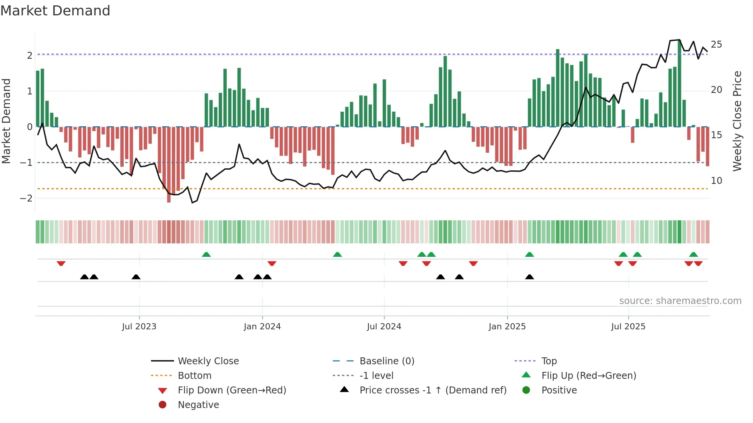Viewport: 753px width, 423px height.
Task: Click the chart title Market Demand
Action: tap(55, 11)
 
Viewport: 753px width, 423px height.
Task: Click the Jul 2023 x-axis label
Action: tap(139, 327)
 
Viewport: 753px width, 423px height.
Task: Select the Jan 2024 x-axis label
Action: tap(262, 327)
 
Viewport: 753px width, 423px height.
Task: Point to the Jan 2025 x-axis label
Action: tap(507, 327)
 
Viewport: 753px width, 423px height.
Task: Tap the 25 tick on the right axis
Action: tap(716, 45)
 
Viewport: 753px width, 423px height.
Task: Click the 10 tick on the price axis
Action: tap(716, 180)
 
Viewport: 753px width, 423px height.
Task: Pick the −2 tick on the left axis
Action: tap(26, 198)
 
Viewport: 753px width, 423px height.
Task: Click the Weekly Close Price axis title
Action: tap(737, 121)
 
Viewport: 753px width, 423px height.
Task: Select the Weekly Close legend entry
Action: tap(208, 361)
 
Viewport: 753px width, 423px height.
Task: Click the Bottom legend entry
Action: tap(194, 376)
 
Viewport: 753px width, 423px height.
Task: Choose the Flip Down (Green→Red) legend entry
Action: tap(232, 390)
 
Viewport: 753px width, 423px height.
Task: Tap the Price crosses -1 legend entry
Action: tap(433, 390)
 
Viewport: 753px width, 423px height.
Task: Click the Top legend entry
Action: tap(549, 361)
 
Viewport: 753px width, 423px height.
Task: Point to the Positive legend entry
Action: tap(559, 390)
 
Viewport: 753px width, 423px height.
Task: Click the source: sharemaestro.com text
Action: tap(680, 301)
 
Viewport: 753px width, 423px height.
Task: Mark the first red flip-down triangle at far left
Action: tap(61, 263)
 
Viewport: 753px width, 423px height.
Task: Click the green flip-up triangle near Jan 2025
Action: tap(529, 254)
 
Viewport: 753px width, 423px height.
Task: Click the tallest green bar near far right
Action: tap(679, 83)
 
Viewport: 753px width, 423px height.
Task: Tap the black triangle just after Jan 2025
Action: tap(529, 277)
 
